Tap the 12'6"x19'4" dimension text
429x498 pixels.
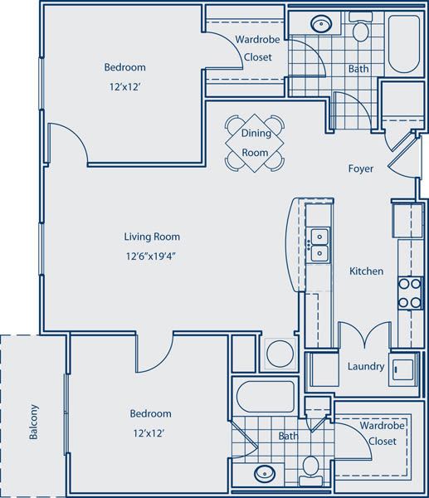(x=150, y=256)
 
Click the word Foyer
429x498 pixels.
(x=361, y=169)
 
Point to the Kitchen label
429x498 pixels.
(x=365, y=271)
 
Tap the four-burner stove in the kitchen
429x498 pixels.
(x=409, y=291)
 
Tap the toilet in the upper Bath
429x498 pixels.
(x=359, y=31)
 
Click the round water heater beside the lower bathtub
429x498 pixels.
(x=280, y=354)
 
